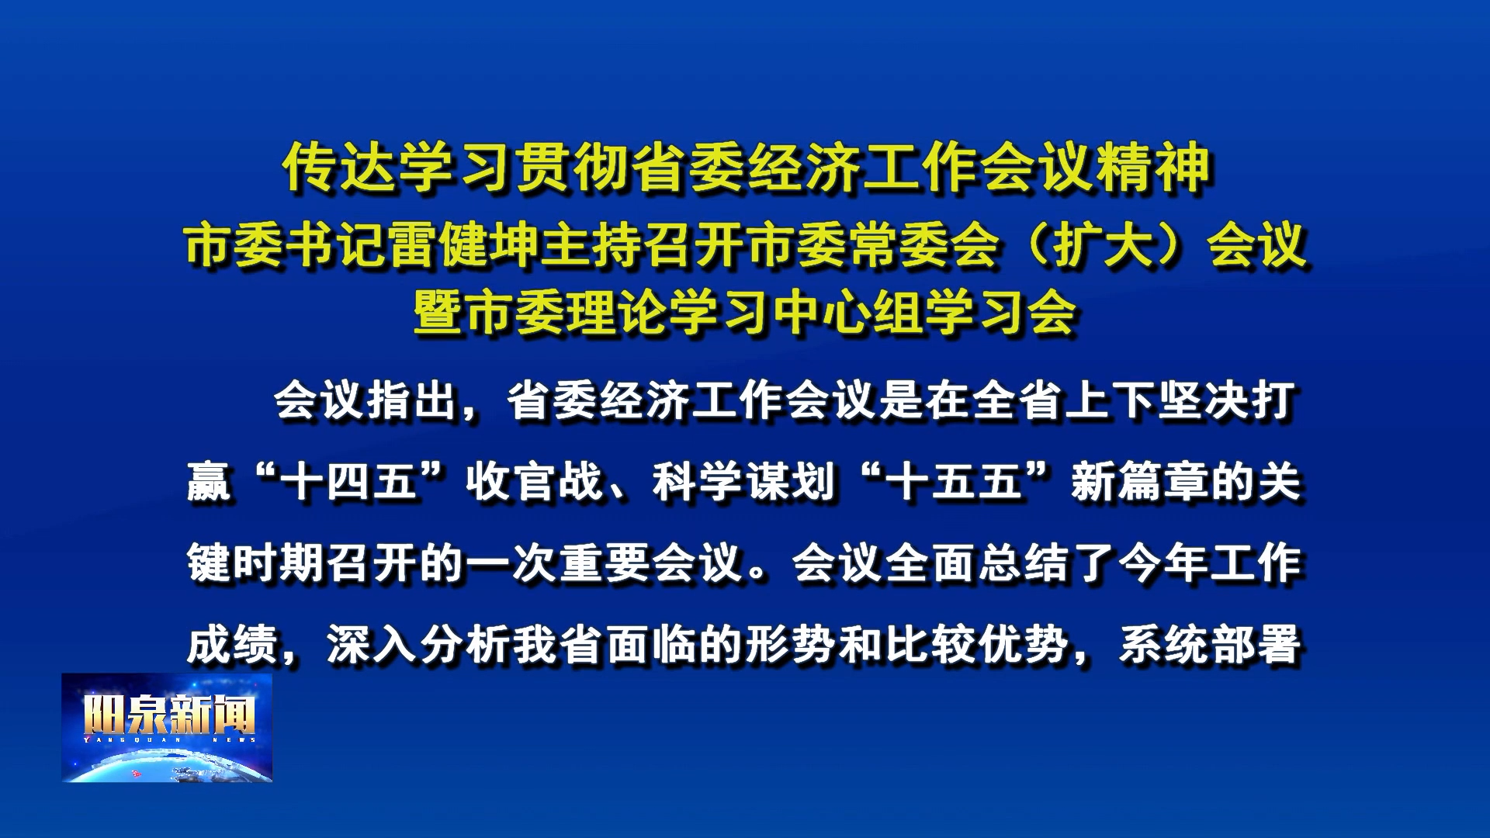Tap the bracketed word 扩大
tap(1103, 244)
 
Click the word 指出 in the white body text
tap(412, 401)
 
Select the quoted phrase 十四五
tap(349, 482)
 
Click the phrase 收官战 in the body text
tap(535, 482)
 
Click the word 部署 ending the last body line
tap(1255, 644)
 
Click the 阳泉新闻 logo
tap(167, 727)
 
